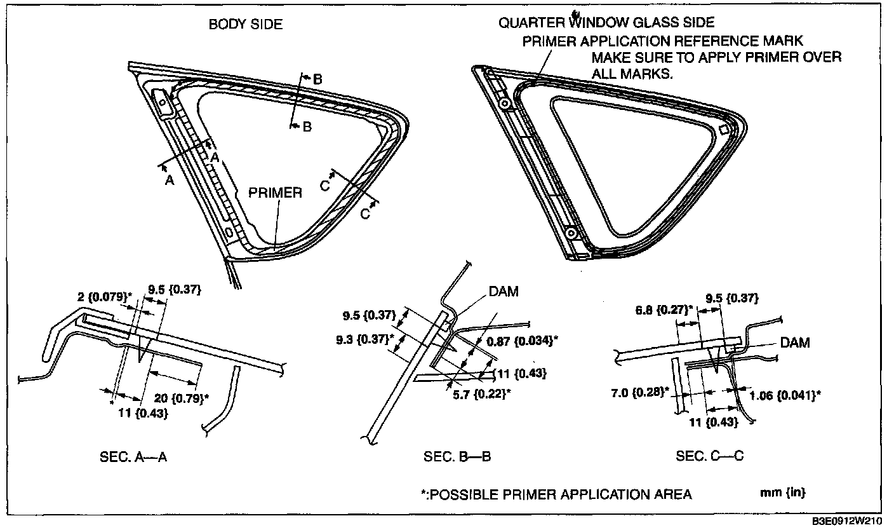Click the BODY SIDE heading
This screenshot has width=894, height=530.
[x=246, y=25]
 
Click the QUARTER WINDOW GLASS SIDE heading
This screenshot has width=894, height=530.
[x=606, y=23]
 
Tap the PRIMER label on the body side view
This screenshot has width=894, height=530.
[x=275, y=193]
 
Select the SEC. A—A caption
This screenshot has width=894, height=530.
[x=133, y=456]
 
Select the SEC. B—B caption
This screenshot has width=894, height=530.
[x=457, y=456]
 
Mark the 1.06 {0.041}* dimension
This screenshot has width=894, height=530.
[x=785, y=395]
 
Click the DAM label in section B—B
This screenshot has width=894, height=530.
[x=504, y=292]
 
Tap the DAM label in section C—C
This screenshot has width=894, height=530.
[x=795, y=343]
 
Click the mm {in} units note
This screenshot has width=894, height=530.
[x=783, y=493]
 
